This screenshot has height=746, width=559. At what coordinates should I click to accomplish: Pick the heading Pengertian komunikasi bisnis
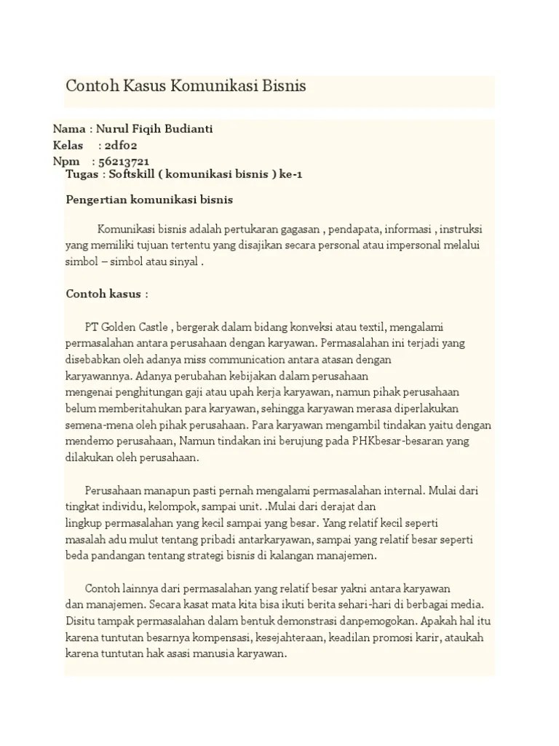click(x=149, y=199)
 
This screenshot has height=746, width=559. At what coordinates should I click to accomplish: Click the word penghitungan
click(x=138, y=393)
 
